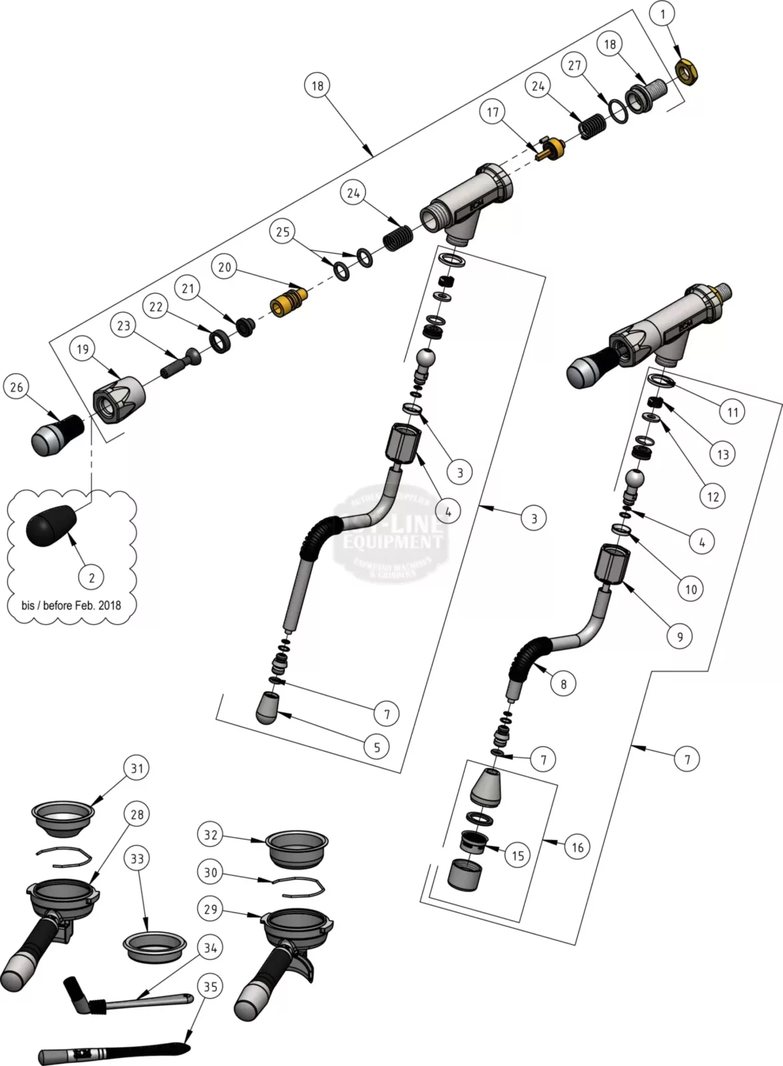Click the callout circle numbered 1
[663, 13]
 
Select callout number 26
[17, 387]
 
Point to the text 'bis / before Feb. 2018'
[71, 606]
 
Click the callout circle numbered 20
[225, 267]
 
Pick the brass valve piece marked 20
[287, 300]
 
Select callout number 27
[574, 65]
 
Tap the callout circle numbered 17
[492, 111]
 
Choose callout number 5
[377, 748]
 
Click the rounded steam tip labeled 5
[269, 707]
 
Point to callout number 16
[577, 847]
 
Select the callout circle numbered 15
[518, 855]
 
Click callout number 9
[680, 636]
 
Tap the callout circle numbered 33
[137, 859]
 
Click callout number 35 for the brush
[211, 987]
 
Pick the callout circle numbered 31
[137, 768]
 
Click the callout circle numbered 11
[733, 412]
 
